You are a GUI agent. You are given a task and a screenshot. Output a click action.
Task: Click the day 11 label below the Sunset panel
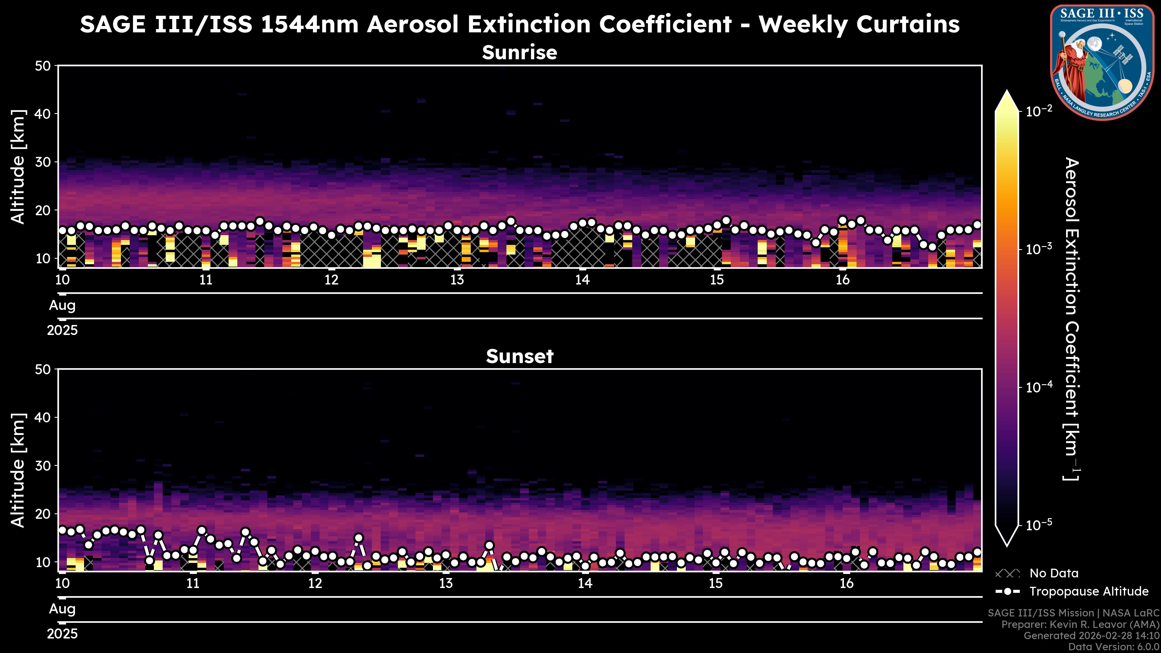pos(193,583)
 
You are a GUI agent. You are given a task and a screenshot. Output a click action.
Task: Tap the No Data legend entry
pos(1054,573)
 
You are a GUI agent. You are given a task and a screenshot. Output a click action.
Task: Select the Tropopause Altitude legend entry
pos(1088,591)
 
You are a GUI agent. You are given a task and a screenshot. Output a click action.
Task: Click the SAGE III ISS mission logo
pos(1102,62)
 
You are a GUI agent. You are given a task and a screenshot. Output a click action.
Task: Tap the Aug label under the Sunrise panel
pos(62,306)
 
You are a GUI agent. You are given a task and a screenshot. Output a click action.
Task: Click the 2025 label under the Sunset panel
pos(62,634)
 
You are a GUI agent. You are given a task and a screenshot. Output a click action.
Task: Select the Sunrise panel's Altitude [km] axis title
pos(18,167)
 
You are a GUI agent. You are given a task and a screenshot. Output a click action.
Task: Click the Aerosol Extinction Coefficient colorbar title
pos(1072,319)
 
